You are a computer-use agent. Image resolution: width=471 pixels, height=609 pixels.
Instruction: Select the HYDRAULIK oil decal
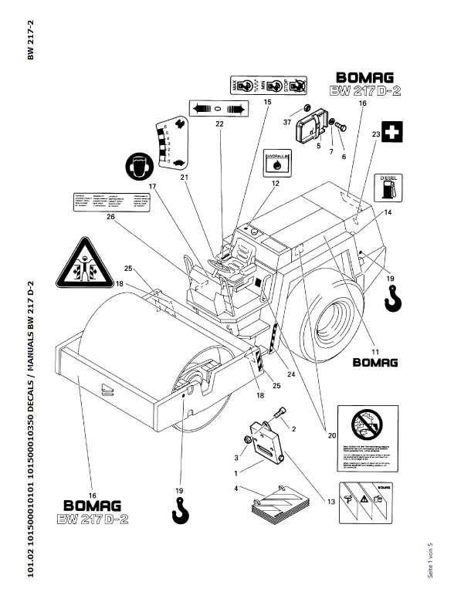click(276, 164)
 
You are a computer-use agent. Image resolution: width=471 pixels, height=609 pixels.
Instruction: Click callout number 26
click(110, 218)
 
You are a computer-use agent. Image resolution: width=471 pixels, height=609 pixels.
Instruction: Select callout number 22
click(219, 123)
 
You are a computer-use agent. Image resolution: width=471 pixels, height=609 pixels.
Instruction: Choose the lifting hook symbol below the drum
click(181, 511)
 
